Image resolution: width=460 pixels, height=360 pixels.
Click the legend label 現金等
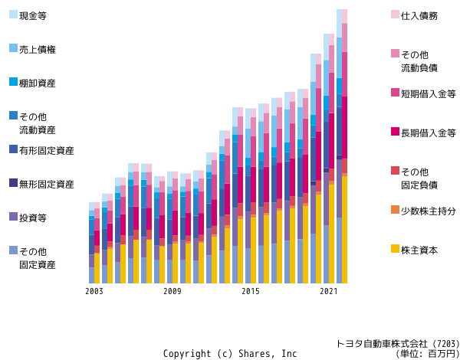point(33,15)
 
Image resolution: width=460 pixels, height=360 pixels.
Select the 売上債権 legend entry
point(38,49)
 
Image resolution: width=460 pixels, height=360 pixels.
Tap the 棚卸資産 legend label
point(38,83)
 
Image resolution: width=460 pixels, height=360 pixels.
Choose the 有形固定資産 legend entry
point(47,150)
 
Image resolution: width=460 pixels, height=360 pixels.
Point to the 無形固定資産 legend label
point(47,184)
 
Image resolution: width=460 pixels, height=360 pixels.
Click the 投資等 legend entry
point(33,218)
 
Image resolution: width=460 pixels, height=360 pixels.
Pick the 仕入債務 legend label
point(419,15)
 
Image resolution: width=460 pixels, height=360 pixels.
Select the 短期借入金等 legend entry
point(429,93)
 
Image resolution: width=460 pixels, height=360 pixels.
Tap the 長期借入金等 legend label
point(429,133)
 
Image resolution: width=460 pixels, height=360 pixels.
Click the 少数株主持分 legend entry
point(429,211)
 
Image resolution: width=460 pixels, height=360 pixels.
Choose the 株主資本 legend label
point(419,250)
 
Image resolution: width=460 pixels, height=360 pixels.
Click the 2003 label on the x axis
point(94,292)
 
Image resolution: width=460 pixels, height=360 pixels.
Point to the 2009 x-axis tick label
point(172,292)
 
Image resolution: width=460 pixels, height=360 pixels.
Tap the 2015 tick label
point(251,292)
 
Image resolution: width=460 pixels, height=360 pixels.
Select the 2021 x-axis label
point(329,292)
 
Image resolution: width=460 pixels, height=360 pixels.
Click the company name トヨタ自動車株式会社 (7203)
point(398,343)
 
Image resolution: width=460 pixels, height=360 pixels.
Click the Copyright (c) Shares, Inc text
point(230,354)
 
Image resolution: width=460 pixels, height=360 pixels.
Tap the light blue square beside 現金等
point(13,15)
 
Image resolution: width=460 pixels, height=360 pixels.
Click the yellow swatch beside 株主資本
point(395,249)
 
